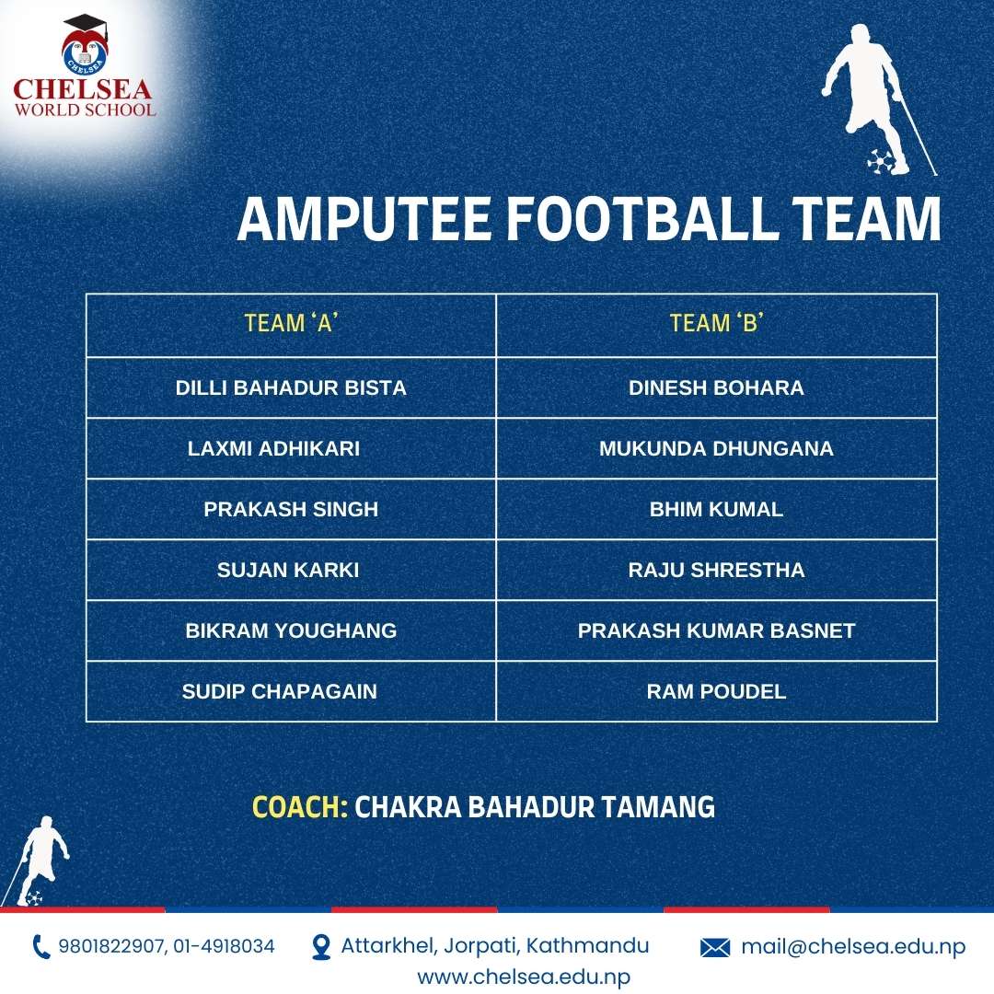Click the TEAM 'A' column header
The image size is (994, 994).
click(x=291, y=323)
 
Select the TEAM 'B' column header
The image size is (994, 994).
click(x=716, y=323)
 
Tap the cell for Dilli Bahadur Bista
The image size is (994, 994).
click(x=291, y=388)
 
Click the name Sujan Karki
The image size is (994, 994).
click(x=288, y=570)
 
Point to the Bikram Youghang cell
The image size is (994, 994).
click(x=291, y=630)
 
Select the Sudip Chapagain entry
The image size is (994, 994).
click(x=280, y=691)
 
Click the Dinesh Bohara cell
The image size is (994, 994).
click(x=716, y=388)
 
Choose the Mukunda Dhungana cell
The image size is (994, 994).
click(x=716, y=449)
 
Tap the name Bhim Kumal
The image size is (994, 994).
click(x=716, y=509)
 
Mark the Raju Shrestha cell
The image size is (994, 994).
click(x=716, y=570)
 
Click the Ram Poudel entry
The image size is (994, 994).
click(x=716, y=691)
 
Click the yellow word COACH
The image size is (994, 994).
click(x=300, y=807)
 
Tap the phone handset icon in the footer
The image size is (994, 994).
click(x=41, y=947)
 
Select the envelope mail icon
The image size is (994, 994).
click(x=715, y=948)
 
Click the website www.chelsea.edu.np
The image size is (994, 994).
click(x=524, y=977)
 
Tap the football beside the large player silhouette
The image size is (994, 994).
click(x=880, y=161)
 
